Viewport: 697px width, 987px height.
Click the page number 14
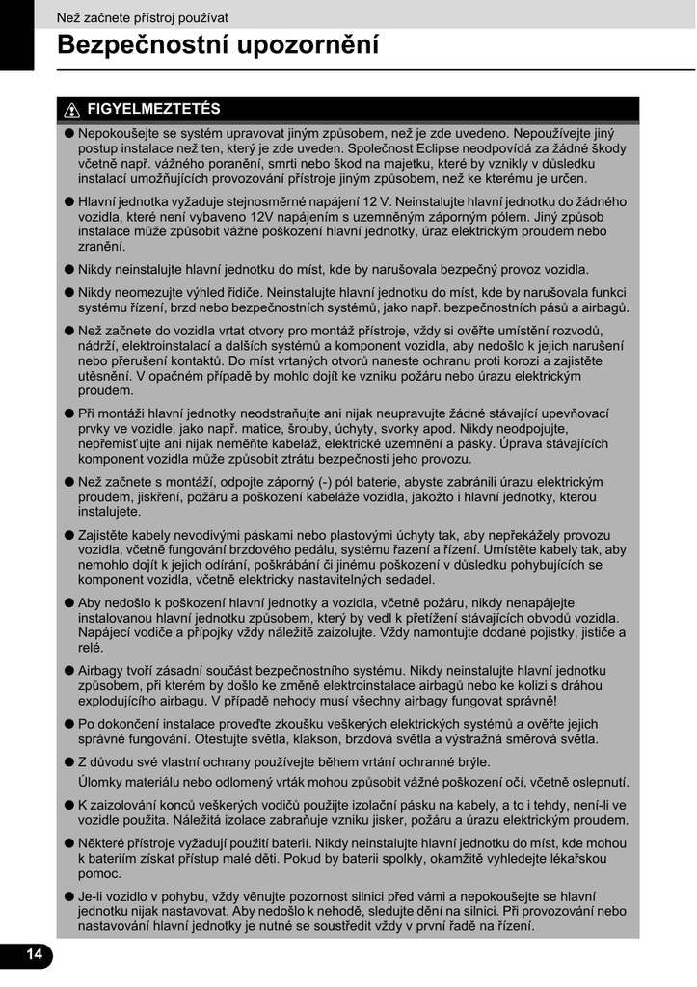click(35, 954)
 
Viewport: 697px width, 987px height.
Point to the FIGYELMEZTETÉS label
click(153, 109)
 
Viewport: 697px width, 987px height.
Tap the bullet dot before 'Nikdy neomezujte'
click(69, 293)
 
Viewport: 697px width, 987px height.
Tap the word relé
click(91, 648)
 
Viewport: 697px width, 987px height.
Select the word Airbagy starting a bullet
click(105, 669)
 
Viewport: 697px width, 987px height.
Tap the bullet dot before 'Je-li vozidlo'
click(69, 894)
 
